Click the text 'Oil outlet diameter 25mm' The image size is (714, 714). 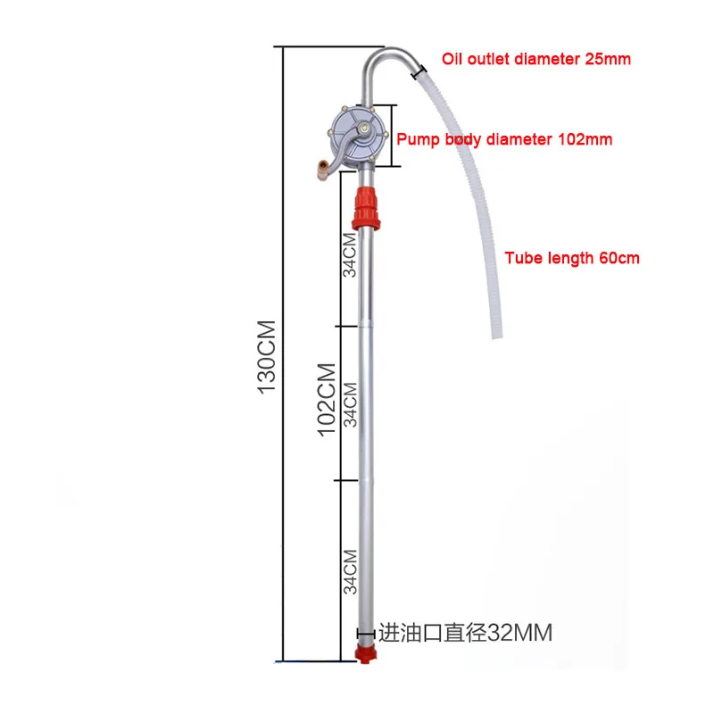tap(536, 60)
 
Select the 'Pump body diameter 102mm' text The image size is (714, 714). tap(504, 139)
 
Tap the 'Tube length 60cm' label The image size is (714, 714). tap(572, 258)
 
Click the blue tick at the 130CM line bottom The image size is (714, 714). tap(284, 661)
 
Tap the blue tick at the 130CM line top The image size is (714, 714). tap(284, 46)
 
